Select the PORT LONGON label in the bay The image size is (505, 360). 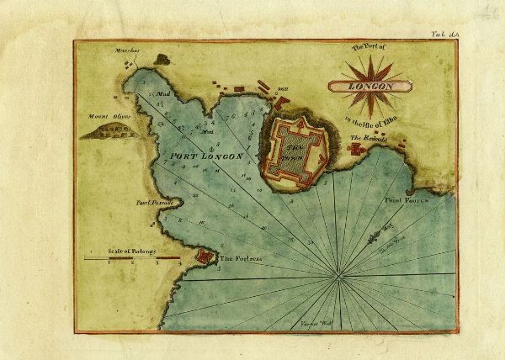coord(207,156)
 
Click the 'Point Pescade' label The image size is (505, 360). coord(154,203)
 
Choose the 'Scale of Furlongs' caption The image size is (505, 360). coord(130,251)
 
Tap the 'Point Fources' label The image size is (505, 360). coord(407,202)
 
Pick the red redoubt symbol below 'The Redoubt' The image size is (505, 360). coord(357,149)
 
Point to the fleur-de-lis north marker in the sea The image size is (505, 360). coord(374,239)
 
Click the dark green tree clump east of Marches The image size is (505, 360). coord(162,59)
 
